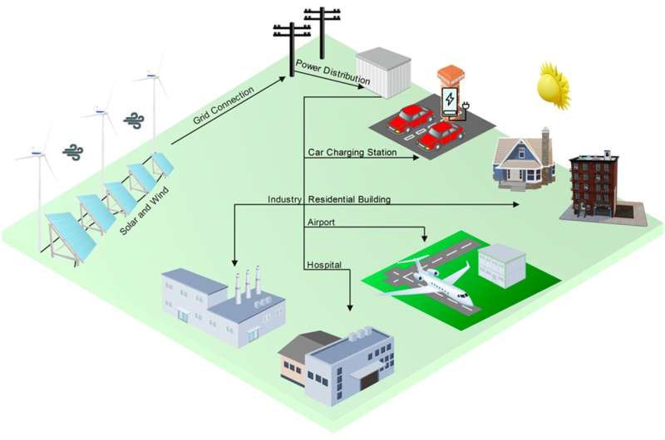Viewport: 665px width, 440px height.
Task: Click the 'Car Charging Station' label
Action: [x=352, y=152]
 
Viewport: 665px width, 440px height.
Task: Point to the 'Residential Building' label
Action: [x=349, y=199]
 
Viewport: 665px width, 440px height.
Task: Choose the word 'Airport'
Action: [x=322, y=222]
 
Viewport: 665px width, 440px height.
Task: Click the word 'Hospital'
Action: [x=324, y=264]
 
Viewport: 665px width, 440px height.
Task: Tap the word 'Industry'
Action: [x=284, y=199]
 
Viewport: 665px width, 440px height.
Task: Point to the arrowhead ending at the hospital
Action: [x=350, y=307]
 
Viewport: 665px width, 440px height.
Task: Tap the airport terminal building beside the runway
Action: [x=501, y=263]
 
